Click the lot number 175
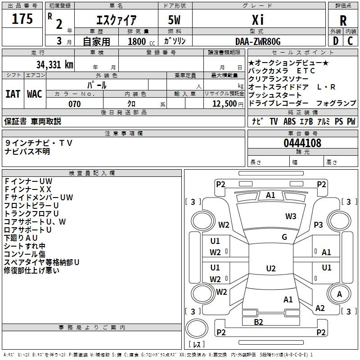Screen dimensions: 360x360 (x=22, y=19)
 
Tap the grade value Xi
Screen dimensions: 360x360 (x=258, y=21)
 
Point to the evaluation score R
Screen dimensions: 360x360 (x=343, y=21)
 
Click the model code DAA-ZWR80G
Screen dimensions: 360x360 (x=258, y=42)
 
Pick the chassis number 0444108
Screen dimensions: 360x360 (x=302, y=144)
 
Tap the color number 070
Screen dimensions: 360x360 (x=75, y=104)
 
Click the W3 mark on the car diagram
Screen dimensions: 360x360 (x=291, y=216)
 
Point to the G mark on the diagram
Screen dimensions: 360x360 (x=284, y=237)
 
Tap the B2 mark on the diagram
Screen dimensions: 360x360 (x=258, y=322)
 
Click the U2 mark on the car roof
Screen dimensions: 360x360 (x=270, y=269)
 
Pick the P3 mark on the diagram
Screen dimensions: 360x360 (x=319, y=225)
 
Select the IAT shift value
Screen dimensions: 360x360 (x=13, y=94)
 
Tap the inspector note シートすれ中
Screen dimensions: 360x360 (x=25, y=246)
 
